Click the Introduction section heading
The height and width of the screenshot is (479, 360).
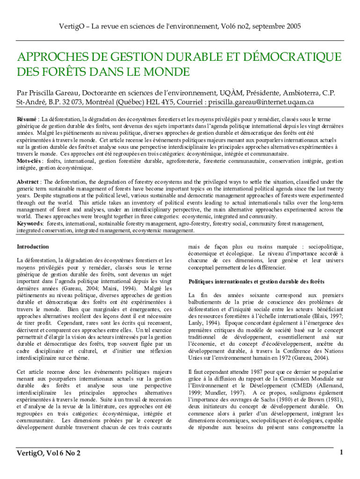click(33, 247)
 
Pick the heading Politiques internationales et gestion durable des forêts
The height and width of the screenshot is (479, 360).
click(256, 282)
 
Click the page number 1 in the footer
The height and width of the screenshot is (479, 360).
click(342, 452)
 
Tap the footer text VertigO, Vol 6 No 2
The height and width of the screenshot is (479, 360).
click(48, 453)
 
